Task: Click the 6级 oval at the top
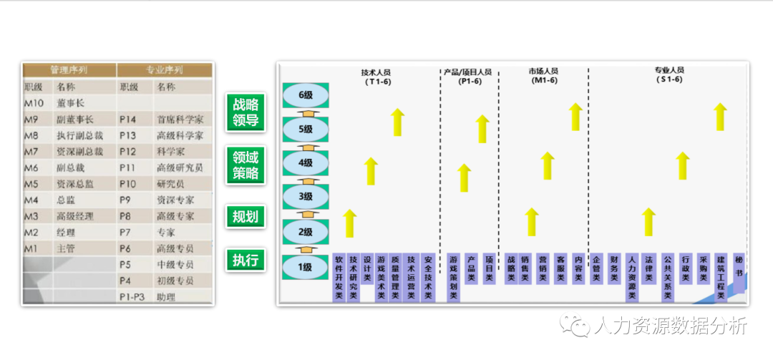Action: [306, 94]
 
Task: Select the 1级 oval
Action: [306, 267]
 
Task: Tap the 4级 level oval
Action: [306, 162]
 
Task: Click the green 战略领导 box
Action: [245, 112]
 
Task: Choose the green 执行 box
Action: [245, 260]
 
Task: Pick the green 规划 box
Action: [245, 216]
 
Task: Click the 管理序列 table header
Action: [69, 70]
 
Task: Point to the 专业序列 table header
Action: [165, 70]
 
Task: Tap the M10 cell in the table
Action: [34, 103]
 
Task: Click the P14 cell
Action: [128, 120]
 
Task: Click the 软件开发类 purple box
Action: [339, 277]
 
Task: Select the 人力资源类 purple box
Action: [632, 277]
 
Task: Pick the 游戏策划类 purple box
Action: [453, 277]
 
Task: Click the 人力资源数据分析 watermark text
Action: [670, 326]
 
